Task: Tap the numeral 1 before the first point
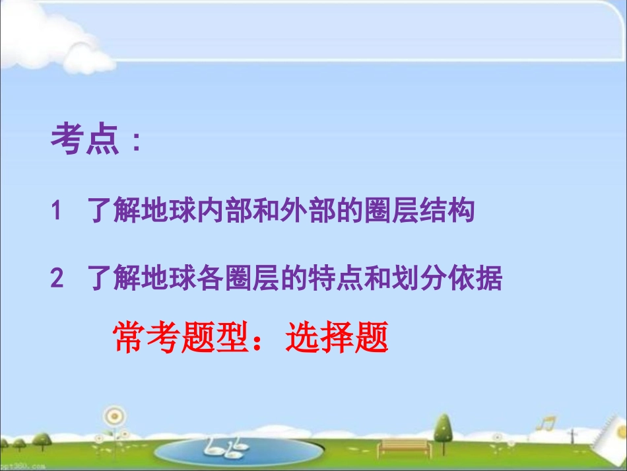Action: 57,211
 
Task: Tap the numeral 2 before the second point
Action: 57,279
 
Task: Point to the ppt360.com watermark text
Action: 22,466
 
